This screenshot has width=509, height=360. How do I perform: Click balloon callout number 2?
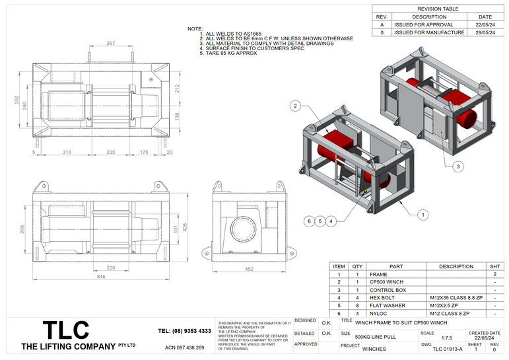pos(296,106)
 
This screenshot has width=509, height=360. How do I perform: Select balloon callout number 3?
pos(458,166)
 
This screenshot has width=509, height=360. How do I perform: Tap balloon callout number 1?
pos(424,214)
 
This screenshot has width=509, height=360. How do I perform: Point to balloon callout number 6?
pos(308,221)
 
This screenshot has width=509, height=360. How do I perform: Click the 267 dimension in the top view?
pos(110,43)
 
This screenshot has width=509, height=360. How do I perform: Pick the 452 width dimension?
pos(250,269)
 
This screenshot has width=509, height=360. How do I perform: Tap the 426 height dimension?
pos(186,226)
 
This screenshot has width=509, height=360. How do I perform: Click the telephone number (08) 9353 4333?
pos(185,330)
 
